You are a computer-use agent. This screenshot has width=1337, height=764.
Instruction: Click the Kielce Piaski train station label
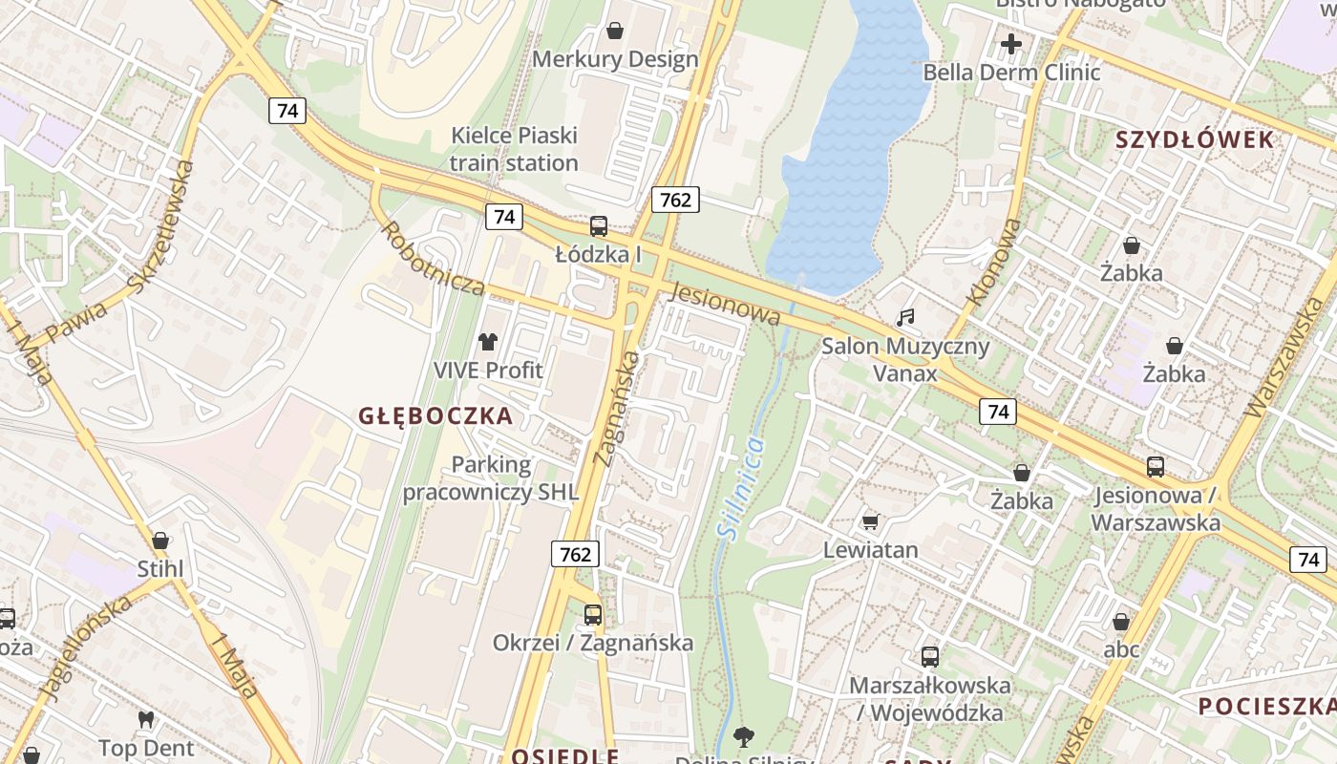click(514, 149)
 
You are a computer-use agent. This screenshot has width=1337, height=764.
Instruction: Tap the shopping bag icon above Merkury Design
click(615, 31)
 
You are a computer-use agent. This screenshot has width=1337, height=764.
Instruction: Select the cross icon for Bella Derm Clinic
click(1010, 44)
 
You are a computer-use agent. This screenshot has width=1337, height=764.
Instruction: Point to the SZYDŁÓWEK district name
click(1195, 140)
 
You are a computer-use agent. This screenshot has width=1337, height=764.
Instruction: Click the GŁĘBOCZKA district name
click(435, 415)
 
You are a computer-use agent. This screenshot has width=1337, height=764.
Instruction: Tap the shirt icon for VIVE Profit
click(488, 342)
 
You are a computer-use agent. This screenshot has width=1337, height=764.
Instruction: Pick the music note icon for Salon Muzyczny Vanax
click(905, 317)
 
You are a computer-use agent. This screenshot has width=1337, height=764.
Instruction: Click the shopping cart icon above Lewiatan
click(870, 521)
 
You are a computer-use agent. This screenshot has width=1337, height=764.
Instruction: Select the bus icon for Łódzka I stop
click(599, 226)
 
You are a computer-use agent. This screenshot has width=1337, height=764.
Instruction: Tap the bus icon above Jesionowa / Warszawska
click(1156, 467)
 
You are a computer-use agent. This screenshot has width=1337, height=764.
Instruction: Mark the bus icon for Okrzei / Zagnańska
click(593, 614)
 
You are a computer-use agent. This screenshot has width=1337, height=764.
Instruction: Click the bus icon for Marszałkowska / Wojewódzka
click(930, 657)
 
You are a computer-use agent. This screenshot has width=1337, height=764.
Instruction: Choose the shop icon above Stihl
click(160, 541)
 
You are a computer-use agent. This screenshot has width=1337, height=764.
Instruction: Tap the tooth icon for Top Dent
click(146, 719)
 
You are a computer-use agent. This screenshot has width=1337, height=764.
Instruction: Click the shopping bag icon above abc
click(1121, 622)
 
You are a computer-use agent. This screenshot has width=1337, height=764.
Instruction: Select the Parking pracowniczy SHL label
click(490, 478)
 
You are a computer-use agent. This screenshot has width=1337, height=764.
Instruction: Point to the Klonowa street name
click(994, 263)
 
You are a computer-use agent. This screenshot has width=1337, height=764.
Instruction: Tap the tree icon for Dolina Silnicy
click(744, 737)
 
